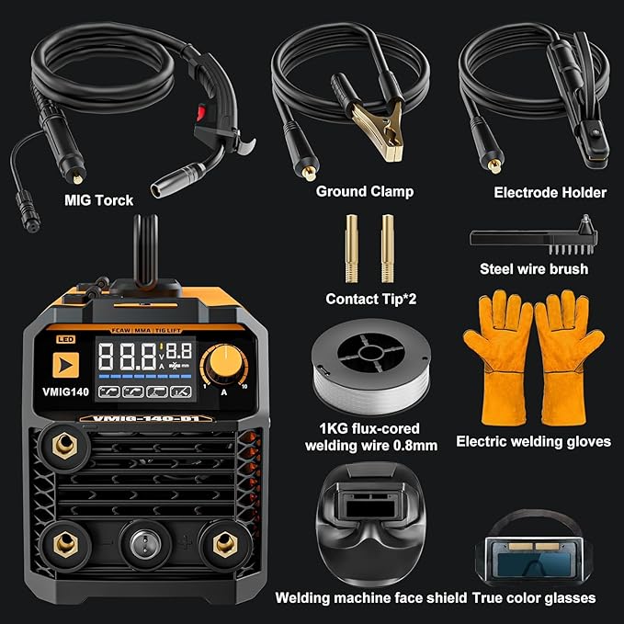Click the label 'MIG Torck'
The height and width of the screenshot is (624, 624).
point(98,199)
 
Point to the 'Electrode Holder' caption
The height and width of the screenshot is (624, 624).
point(550,192)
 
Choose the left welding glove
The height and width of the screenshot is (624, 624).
point(497,355)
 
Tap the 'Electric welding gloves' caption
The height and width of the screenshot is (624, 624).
point(533,441)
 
